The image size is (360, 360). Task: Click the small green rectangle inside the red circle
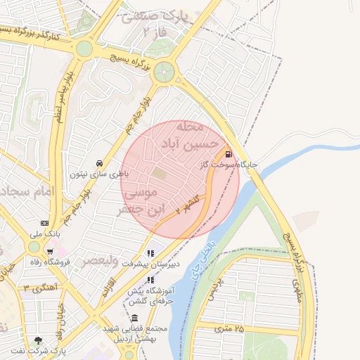(x=161, y=172)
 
